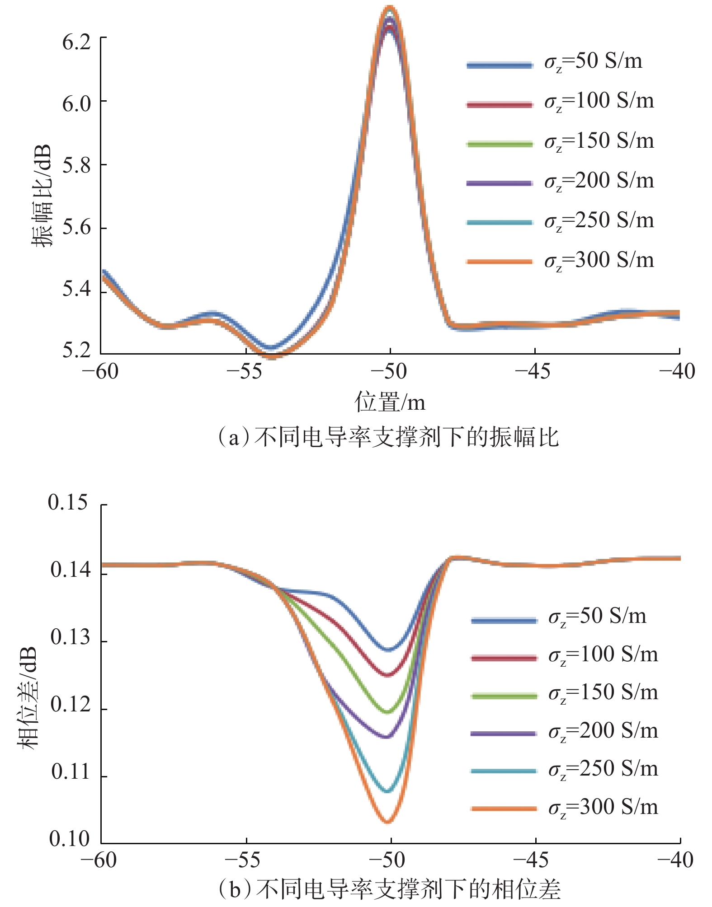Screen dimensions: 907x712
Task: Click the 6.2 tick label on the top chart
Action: [x=76, y=42]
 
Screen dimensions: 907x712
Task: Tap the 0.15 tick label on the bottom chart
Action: [x=68, y=502]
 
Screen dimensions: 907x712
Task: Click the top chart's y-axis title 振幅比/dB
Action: [x=42, y=196]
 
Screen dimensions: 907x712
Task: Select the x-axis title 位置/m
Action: [x=390, y=402]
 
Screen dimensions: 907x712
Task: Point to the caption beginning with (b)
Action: [x=389, y=889]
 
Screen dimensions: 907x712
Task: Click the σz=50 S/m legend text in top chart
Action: [x=593, y=61]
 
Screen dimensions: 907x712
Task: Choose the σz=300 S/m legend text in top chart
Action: [x=599, y=261]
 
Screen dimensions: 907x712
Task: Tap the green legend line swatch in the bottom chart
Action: [x=504, y=696]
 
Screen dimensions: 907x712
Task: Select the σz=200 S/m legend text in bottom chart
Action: [x=603, y=731]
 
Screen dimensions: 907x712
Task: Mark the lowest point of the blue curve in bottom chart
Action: [x=388, y=650]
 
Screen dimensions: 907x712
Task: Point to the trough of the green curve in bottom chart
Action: [x=387, y=712]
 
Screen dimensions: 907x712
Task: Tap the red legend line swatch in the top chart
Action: [x=500, y=105]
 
